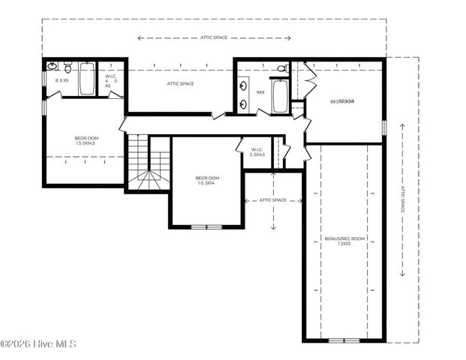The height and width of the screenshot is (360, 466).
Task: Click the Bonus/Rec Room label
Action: (x=344, y=238)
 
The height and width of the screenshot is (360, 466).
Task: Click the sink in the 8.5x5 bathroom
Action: (x=51, y=67)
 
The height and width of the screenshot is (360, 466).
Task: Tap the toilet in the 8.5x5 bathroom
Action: (x=68, y=66)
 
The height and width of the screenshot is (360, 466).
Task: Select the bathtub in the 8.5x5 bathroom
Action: (x=87, y=79)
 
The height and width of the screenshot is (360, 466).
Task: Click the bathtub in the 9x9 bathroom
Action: (x=280, y=96)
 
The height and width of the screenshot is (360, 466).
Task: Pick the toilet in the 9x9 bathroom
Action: (x=281, y=69)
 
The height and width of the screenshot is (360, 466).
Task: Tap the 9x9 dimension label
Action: (x=260, y=92)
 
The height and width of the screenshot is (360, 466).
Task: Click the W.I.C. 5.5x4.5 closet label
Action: (x=257, y=152)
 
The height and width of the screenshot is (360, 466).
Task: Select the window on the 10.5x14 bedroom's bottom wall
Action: (x=206, y=226)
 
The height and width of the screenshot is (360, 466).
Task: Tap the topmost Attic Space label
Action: (x=214, y=37)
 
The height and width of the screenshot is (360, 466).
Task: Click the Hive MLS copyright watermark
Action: (x=38, y=344)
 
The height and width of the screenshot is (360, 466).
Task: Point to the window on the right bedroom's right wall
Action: (x=384, y=127)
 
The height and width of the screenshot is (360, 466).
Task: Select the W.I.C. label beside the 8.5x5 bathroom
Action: (x=110, y=80)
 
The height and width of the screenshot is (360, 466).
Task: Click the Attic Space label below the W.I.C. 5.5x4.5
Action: (x=273, y=200)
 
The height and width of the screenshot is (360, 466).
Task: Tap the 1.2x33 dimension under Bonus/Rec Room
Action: (x=344, y=244)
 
